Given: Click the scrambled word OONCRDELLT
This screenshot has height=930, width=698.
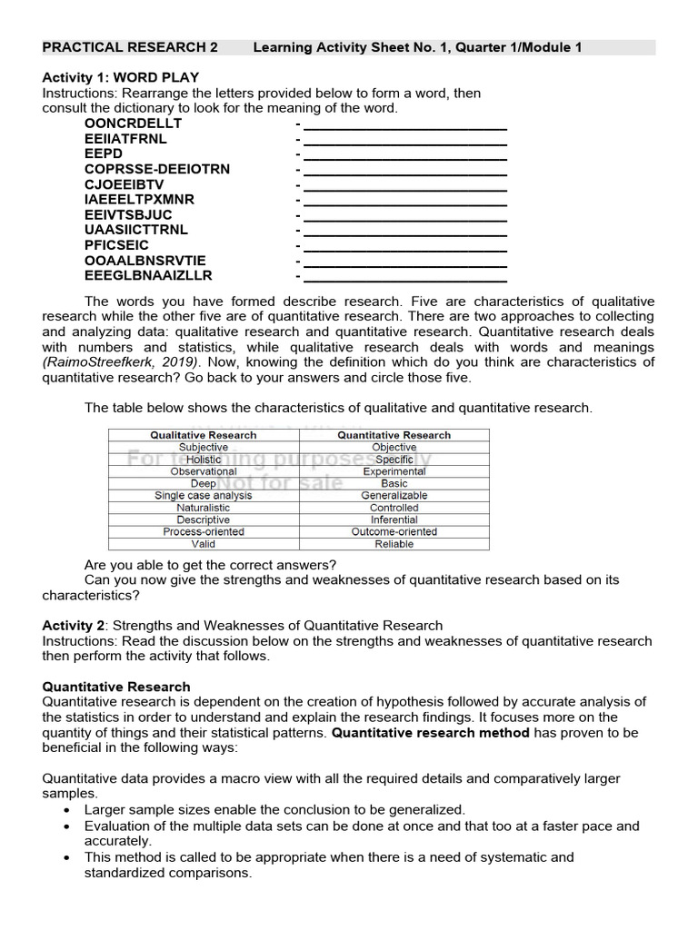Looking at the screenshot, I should (x=133, y=123).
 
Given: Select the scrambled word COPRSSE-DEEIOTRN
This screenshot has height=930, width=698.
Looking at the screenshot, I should (x=157, y=169).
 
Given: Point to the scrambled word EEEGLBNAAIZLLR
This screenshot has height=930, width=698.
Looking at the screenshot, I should (x=148, y=275).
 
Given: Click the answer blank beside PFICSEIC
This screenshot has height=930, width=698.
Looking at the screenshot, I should (x=404, y=245).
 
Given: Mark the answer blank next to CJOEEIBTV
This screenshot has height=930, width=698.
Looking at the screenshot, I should (x=404, y=184).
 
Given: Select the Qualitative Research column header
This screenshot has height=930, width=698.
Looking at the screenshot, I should (x=204, y=435).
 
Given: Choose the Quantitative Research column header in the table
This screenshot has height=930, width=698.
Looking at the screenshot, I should (x=394, y=435).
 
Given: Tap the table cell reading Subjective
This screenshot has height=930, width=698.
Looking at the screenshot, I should (x=204, y=448).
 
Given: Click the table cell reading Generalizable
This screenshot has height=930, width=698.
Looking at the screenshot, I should (x=394, y=496).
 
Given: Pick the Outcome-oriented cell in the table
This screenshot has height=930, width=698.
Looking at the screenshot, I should (x=394, y=531).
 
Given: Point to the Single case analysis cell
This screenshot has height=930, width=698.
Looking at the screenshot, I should (x=204, y=496).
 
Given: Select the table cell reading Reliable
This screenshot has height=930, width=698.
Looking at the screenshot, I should (x=394, y=544).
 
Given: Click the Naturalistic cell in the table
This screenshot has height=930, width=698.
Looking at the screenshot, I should (x=204, y=508).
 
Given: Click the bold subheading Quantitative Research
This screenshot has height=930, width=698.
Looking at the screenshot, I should (x=116, y=687).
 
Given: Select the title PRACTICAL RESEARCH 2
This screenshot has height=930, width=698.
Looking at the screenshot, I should (x=130, y=47).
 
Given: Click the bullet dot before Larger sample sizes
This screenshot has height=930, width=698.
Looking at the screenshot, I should (x=68, y=810).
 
